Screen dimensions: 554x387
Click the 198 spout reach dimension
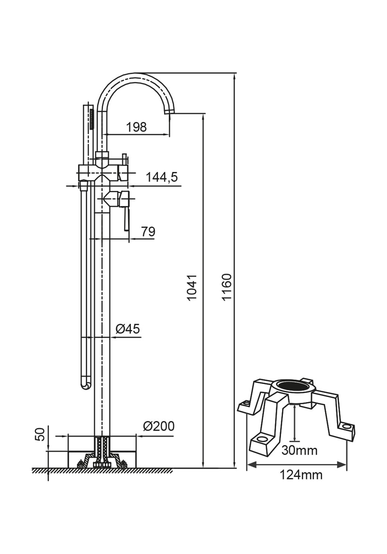(136, 127)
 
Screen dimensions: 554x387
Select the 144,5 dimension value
(162, 177)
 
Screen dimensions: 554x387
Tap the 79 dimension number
(148, 232)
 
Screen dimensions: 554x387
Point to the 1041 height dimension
(193, 288)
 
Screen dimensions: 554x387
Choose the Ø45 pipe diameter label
(128, 329)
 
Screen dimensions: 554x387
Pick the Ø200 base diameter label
(159, 427)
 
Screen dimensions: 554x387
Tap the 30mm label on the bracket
(300, 450)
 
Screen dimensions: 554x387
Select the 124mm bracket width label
(301, 475)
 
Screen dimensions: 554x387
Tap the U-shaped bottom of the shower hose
(86, 385)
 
